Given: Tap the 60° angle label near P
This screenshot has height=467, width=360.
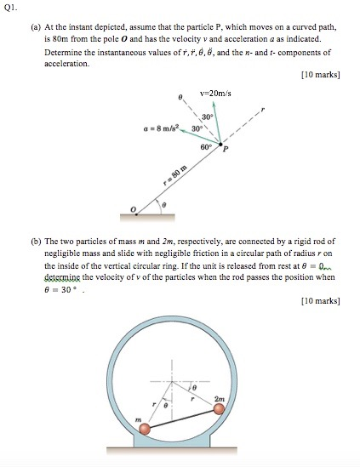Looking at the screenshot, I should pos(207,147).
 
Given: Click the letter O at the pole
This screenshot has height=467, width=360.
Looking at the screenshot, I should pos(132,208).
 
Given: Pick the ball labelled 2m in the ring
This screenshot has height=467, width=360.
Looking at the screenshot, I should pos(220,408).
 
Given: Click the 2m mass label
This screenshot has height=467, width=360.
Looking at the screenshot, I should pos(220,396).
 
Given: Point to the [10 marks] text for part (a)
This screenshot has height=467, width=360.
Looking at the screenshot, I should pos(321,75).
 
